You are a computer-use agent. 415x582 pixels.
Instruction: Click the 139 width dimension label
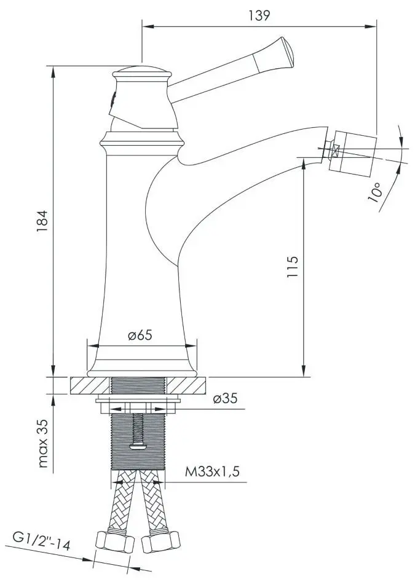click(x=259, y=15)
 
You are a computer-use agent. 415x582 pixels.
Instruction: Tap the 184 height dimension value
click(x=42, y=221)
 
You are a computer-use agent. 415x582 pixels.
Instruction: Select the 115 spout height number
click(x=293, y=267)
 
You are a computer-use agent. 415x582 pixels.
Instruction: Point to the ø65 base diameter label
click(x=140, y=335)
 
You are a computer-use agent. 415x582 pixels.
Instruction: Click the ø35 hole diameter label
click(x=225, y=398)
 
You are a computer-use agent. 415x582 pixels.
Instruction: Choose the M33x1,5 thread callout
click(x=212, y=471)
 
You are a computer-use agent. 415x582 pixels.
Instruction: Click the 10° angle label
click(x=375, y=192)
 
